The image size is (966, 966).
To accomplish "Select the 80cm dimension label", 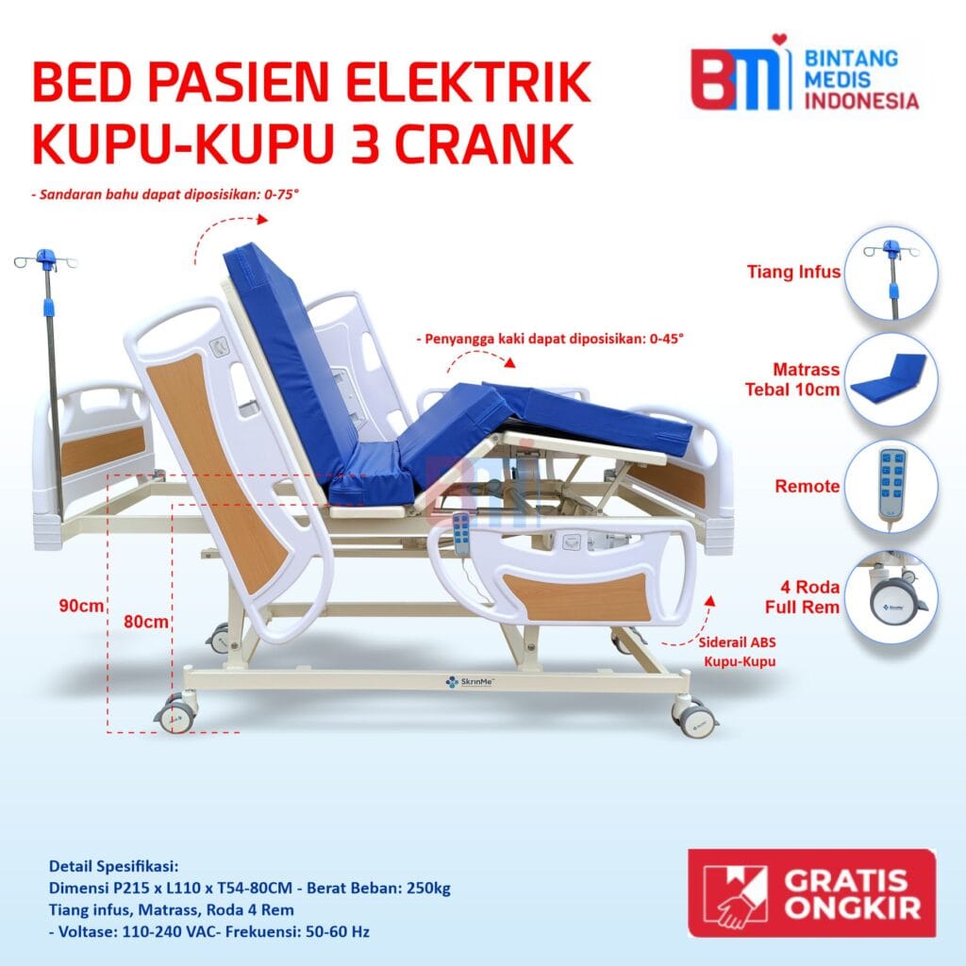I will [x=146, y=622].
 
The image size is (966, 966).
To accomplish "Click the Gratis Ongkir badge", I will [x=811, y=892].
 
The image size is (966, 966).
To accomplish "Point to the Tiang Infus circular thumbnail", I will [x=891, y=272].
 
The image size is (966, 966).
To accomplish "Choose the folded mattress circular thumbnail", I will [x=891, y=379].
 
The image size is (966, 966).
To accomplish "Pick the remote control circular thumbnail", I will [x=891, y=487].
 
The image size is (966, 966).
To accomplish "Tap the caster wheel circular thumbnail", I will [x=891, y=596].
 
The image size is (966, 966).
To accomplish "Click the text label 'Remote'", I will [x=807, y=487].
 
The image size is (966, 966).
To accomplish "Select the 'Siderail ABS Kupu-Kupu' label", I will [x=738, y=650].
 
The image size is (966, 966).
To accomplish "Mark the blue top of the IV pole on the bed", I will [x=45, y=257].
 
